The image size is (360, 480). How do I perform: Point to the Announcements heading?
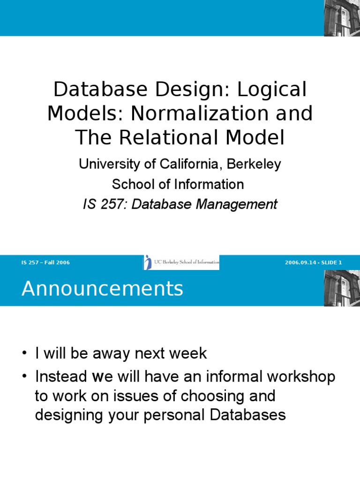pos(102,289)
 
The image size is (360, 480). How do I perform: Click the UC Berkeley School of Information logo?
pos(181,262)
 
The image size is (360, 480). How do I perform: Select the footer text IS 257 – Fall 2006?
pos(45,262)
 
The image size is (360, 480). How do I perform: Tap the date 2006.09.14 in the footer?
pos(300,262)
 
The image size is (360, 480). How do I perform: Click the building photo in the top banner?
pos(342,18)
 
